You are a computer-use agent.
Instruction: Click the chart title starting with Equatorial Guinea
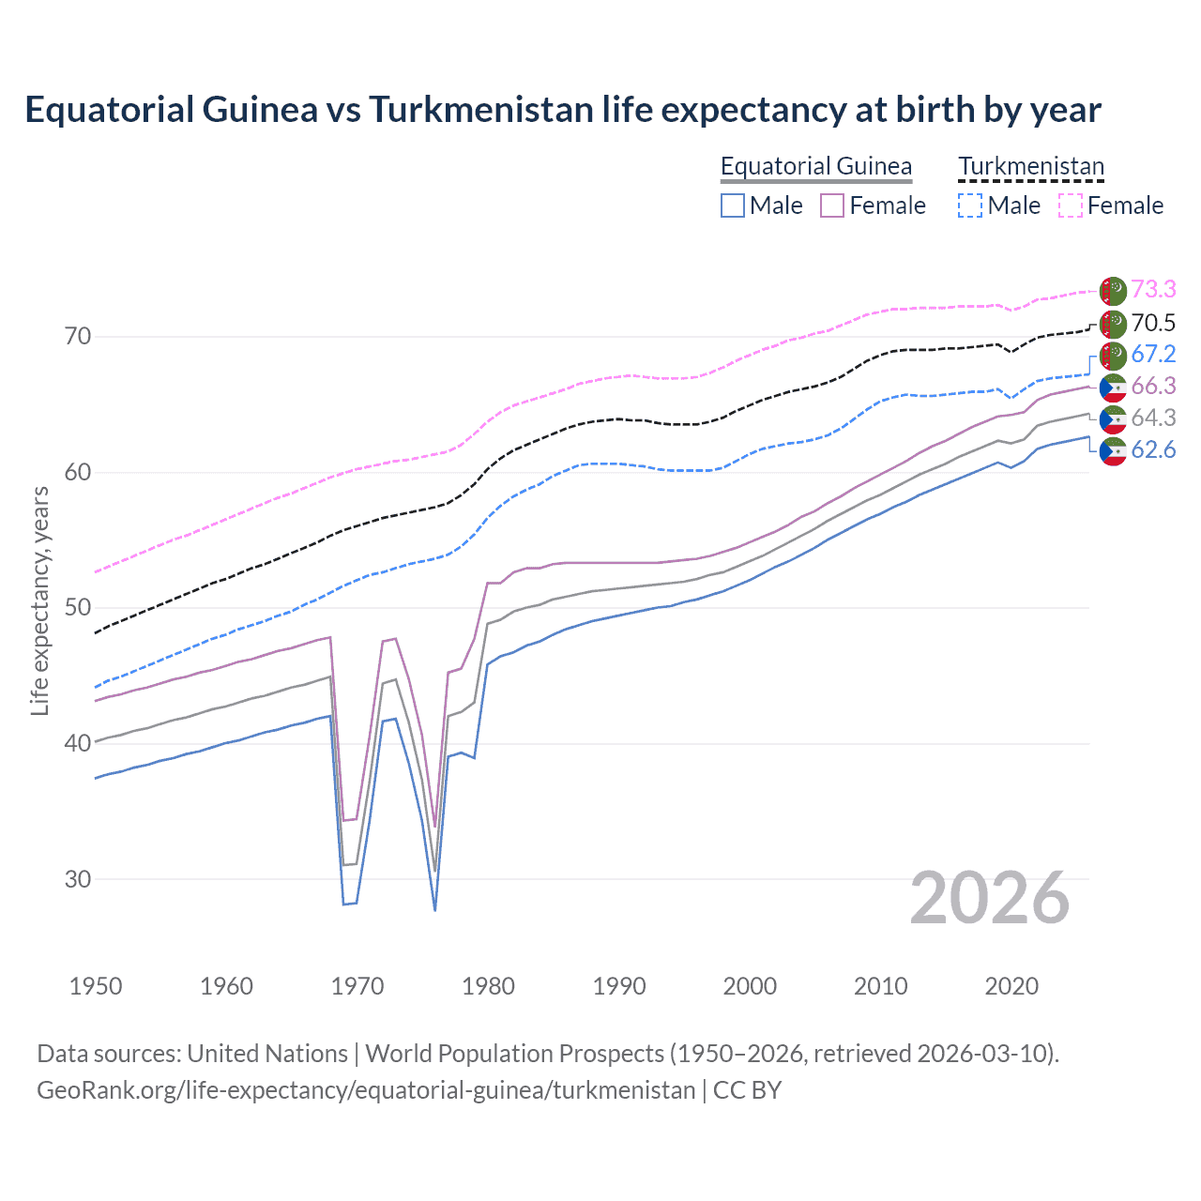[563, 110]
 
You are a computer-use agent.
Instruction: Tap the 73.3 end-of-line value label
[1153, 289]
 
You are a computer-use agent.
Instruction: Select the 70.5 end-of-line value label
[1153, 323]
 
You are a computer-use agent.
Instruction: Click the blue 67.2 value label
[1153, 354]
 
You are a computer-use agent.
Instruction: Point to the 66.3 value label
[1153, 386]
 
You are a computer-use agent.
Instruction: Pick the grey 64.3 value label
[1153, 418]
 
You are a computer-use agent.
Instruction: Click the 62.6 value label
[1153, 449]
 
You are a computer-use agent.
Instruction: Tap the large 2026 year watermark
[990, 898]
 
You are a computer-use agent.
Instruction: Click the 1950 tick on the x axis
[96, 986]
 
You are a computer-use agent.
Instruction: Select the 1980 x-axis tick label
[488, 986]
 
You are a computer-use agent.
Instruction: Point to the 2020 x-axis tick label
[1011, 986]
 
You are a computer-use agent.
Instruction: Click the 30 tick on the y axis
[78, 879]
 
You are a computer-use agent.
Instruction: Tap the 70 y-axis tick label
[78, 336]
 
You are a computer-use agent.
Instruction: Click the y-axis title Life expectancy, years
[39, 600]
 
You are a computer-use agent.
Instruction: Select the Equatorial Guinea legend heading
[815, 166]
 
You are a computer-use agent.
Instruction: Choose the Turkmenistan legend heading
[1031, 166]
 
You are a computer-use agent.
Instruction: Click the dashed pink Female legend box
[1070, 205]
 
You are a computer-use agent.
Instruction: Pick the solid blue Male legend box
[733, 205]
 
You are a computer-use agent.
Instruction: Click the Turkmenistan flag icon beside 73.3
[1113, 290]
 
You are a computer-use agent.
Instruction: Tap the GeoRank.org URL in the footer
[366, 1090]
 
